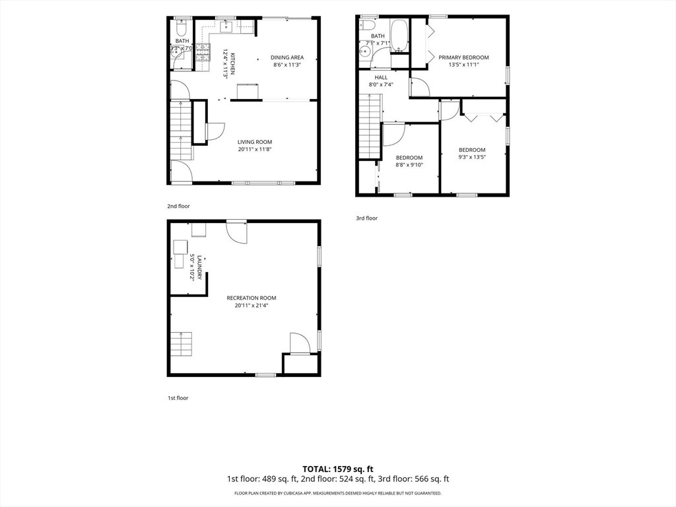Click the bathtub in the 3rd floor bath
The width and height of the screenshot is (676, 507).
point(399,36)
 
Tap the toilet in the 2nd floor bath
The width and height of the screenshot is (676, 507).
point(182,29)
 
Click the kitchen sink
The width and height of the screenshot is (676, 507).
point(226,26)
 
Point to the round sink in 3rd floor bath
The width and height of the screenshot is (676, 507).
point(365,53)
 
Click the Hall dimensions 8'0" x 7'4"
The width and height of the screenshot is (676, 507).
point(381,85)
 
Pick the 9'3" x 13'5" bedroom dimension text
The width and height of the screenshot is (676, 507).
point(472,157)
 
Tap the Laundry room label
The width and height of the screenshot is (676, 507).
point(196,267)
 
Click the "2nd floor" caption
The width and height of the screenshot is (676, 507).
point(178,206)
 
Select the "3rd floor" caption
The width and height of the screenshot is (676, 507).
point(366,218)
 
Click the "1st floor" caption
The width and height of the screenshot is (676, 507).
point(178,398)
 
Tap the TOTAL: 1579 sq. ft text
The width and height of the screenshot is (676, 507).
point(338,469)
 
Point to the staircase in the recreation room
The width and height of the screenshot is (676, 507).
point(181,344)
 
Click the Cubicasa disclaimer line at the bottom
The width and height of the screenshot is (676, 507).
point(338,493)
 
